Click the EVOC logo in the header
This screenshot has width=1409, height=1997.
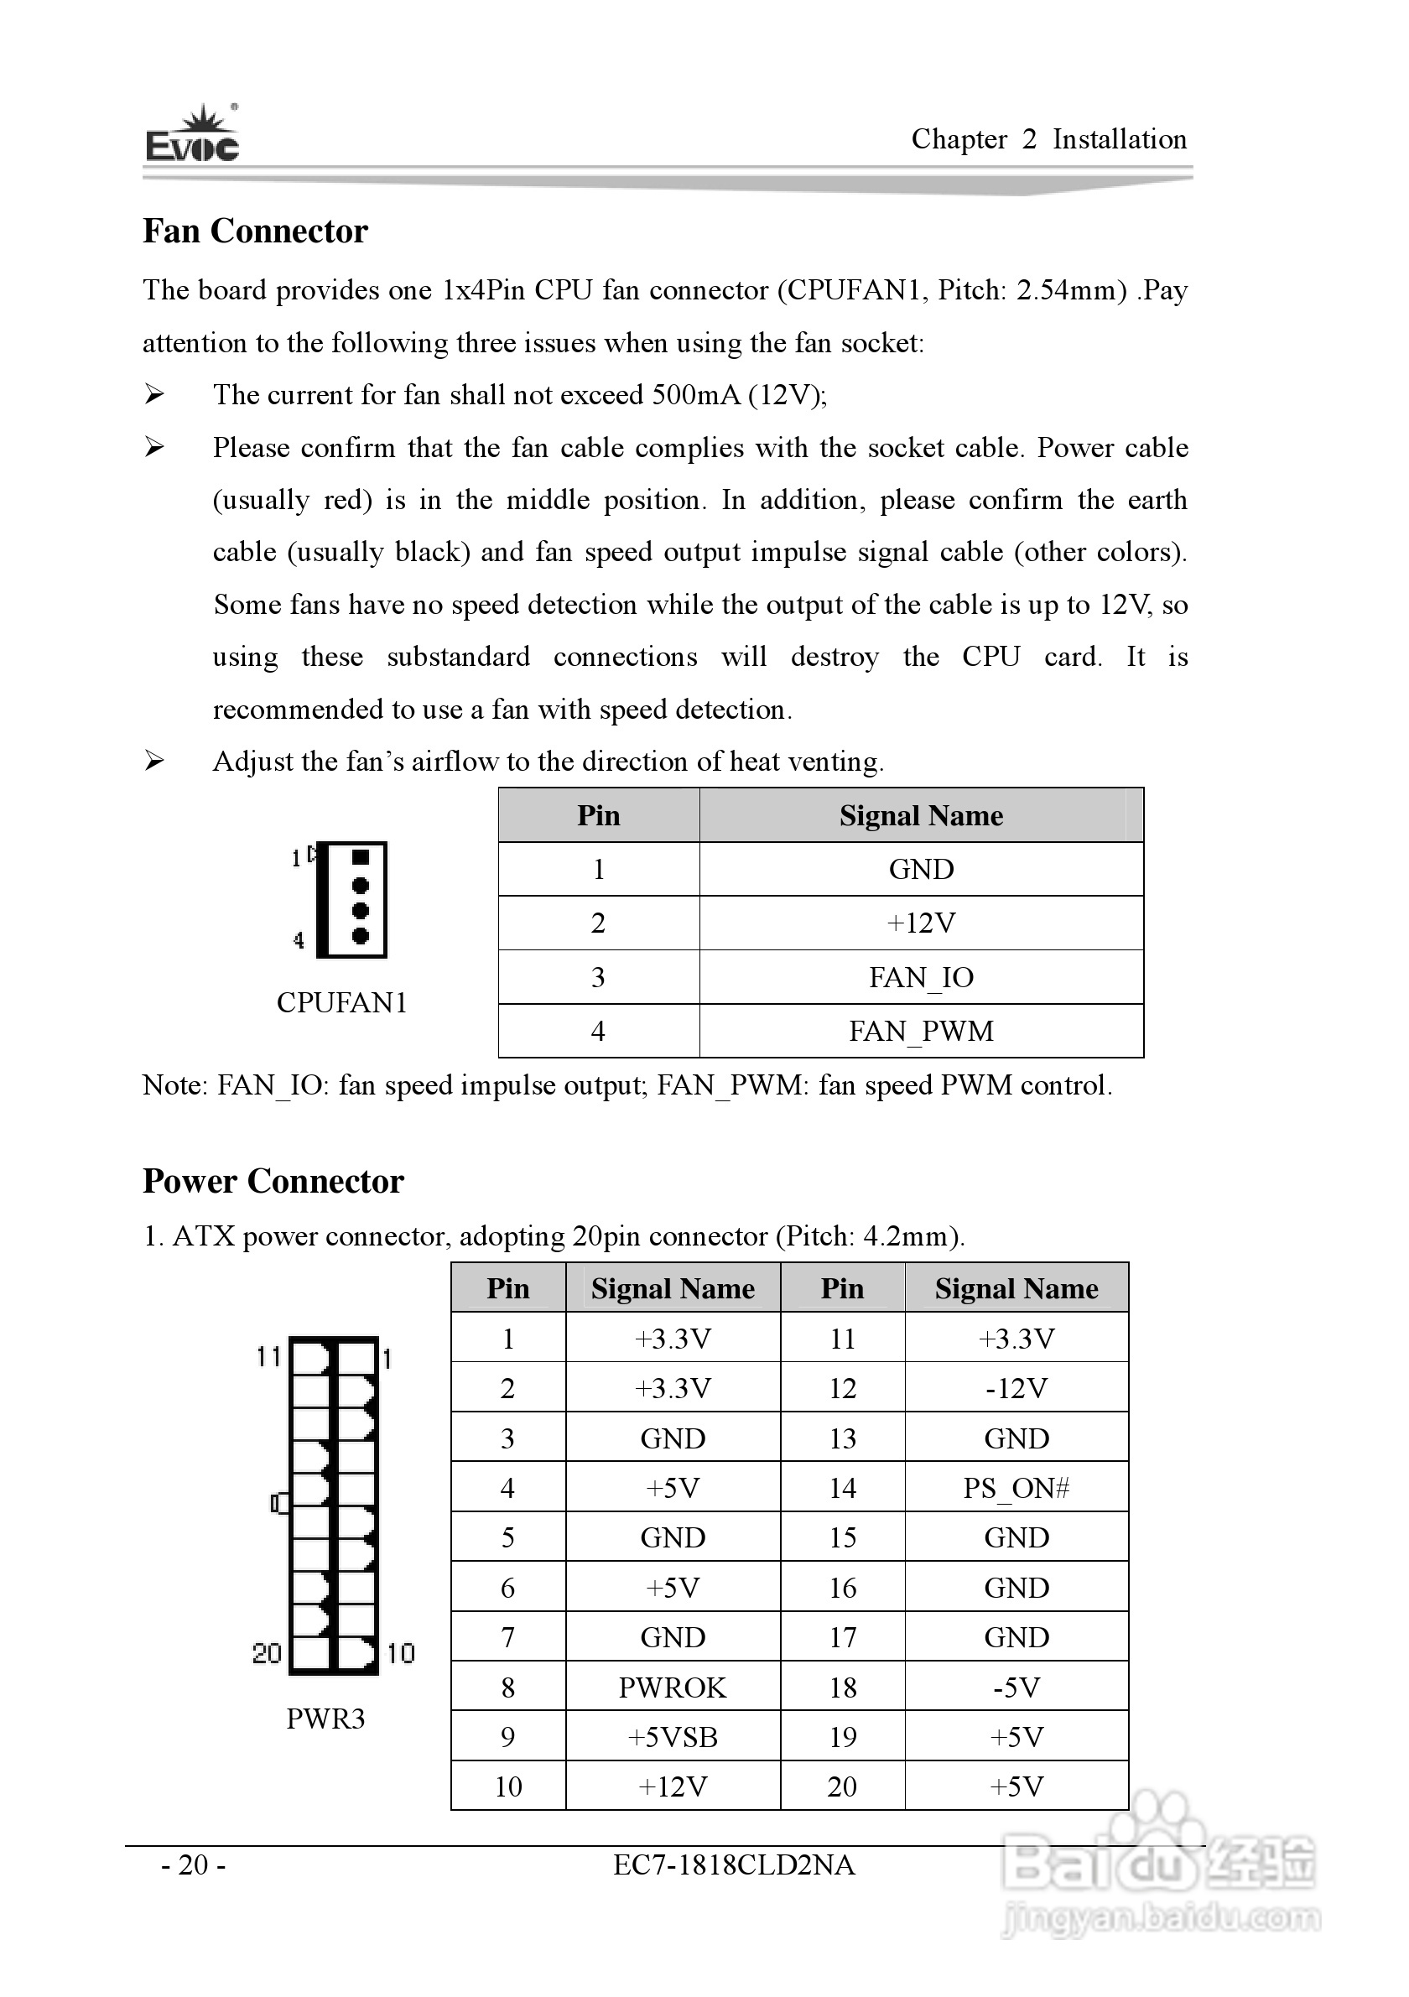click(192, 135)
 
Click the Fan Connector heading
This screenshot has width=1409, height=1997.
click(255, 231)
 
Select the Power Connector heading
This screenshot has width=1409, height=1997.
click(273, 1182)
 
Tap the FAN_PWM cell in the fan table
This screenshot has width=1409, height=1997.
click(921, 1032)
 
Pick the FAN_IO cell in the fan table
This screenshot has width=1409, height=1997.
click(921, 978)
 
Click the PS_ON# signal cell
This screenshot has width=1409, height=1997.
click(1016, 1488)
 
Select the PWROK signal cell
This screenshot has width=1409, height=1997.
click(673, 1688)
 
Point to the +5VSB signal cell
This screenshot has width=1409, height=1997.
click(673, 1737)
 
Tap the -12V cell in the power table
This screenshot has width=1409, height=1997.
click(1016, 1388)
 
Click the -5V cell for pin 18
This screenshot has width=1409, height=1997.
click(1016, 1688)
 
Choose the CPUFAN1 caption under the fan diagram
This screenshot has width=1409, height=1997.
click(342, 1003)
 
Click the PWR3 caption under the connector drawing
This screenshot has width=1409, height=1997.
click(325, 1719)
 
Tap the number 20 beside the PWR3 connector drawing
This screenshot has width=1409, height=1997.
click(267, 1653)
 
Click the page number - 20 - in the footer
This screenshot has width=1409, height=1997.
click(193, 1864)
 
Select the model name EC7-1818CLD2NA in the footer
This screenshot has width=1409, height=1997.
click(733, 1864)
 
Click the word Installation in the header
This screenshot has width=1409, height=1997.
click(1120, 139)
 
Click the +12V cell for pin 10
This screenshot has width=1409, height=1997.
click(673, 1786)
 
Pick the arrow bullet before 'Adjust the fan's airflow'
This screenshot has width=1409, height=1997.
click(154, 761)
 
